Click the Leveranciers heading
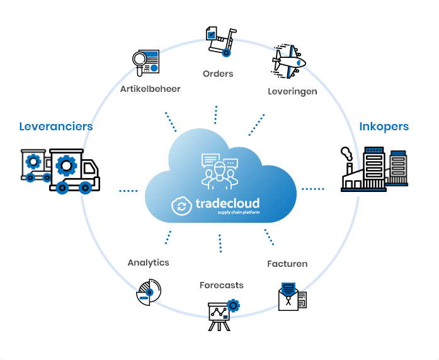[56, 127]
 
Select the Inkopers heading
[384, 127]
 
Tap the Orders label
[218, 74]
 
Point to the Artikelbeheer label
[151, 89]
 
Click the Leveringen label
[292, 91]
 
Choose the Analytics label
[149, 262]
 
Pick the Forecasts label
[222, 285]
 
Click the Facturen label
[287, 264]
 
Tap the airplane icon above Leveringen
[288, 61]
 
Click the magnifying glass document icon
[146, 63]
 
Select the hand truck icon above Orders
[221, 42]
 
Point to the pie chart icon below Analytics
[149, 292]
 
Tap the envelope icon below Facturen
[293, 297]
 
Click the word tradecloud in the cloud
[227, 203]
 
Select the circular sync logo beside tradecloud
[181, 206]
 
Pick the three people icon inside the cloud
[220, 171]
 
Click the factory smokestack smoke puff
[346, 154]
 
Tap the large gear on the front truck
[66, 166]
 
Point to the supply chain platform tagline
[239, 212]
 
